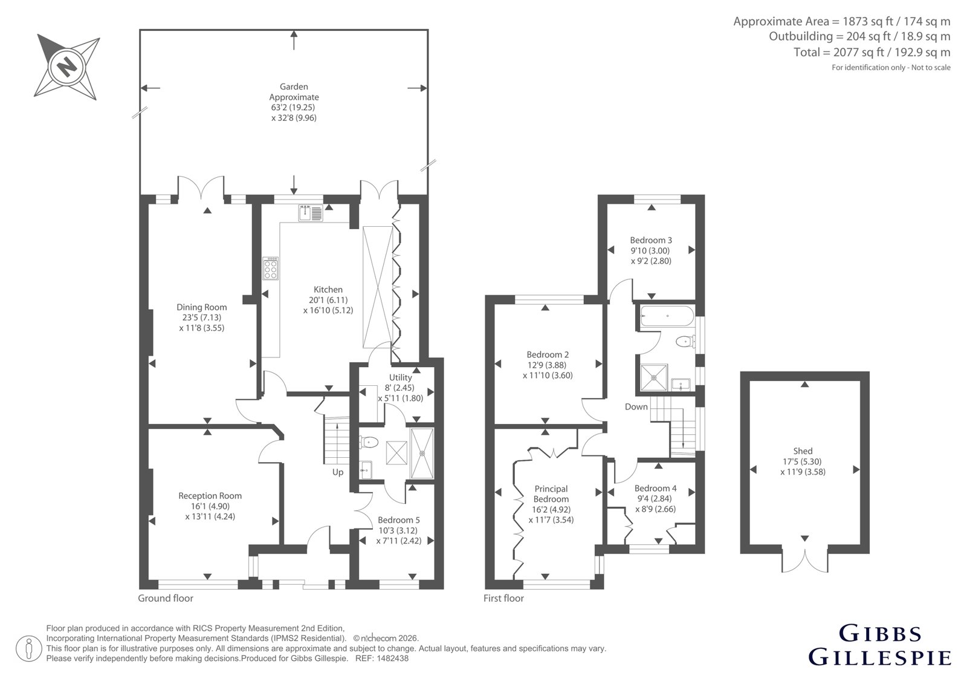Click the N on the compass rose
pos(66,67)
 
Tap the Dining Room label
pos(202,307)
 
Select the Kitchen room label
pos(328,290)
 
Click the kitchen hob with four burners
pos(271,269)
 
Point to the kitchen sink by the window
pos(311,213)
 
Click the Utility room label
pos(400,377)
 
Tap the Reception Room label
pos(210,495)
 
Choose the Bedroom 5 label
pos(398,520)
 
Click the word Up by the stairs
pos(338,472)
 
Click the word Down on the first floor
pos(636,406)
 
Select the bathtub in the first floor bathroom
pos(667,316)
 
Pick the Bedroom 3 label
pos(651,240)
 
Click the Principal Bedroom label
pos(551,493)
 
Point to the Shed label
pos(803,451)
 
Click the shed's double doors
pos(804,561)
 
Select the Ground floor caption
pos(166,598)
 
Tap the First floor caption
pos(503,598)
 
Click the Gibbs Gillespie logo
pos(880,645)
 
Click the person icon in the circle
pos(29,648)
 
